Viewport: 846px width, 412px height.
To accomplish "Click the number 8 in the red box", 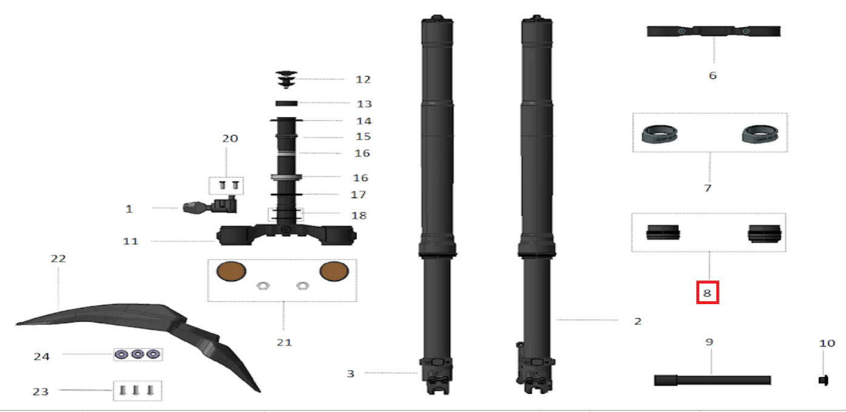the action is click(707, 293).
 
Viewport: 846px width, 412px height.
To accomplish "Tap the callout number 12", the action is click(364, 80).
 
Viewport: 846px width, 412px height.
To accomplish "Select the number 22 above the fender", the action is click(58, 259).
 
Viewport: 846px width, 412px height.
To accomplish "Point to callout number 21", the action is click(284, 342).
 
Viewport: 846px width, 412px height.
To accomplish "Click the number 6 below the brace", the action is click(713, 76).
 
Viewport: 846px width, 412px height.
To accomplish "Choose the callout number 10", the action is click(827, 344).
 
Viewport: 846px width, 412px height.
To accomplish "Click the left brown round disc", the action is click(231, 271).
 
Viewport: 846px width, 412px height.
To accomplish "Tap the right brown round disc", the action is click(334, 271).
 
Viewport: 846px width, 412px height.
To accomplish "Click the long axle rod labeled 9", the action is click(712, 380).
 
